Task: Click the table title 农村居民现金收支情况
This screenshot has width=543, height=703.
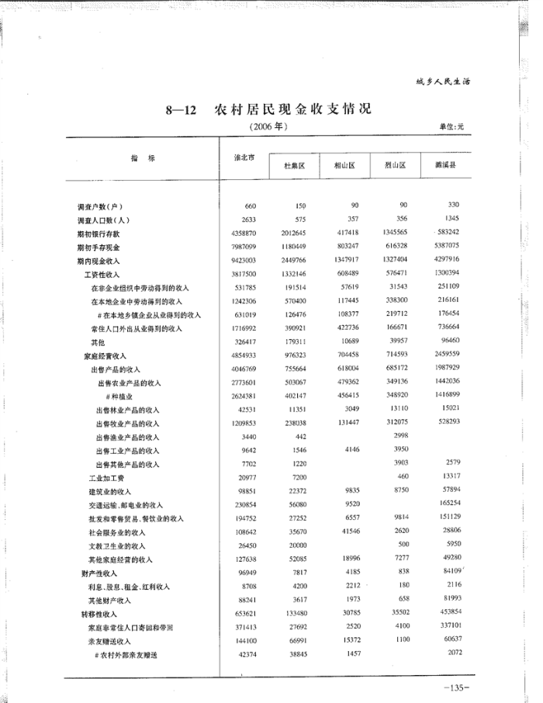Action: click(292, 109)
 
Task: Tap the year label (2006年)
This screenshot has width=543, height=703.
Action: click(268, 126)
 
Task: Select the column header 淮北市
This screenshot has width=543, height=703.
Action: click(245, 158)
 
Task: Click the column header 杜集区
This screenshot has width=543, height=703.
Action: click(295, 166)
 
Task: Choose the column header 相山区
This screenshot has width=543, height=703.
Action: click(344, 166)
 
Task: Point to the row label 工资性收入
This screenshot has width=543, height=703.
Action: click(102, 274)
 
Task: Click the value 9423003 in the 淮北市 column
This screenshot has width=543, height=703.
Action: click(244, 261)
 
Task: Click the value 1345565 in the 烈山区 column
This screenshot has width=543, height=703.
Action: click(395, 232)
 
